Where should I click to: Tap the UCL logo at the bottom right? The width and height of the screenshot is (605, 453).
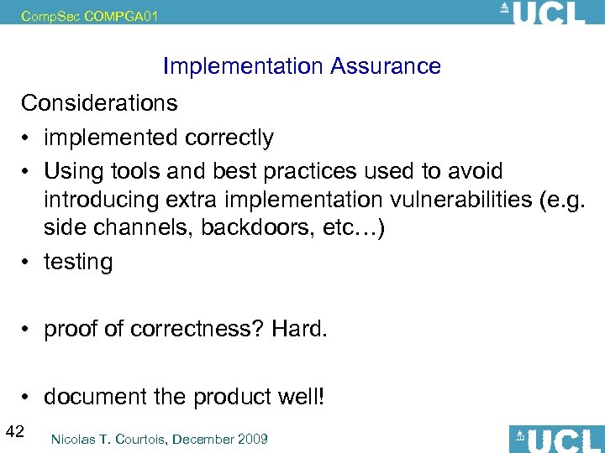coord(557,438)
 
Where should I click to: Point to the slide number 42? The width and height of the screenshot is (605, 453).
coord(14,432)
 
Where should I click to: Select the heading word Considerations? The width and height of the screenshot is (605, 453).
coord(99,103)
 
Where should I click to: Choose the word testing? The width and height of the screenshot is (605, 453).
coord(78,263)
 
